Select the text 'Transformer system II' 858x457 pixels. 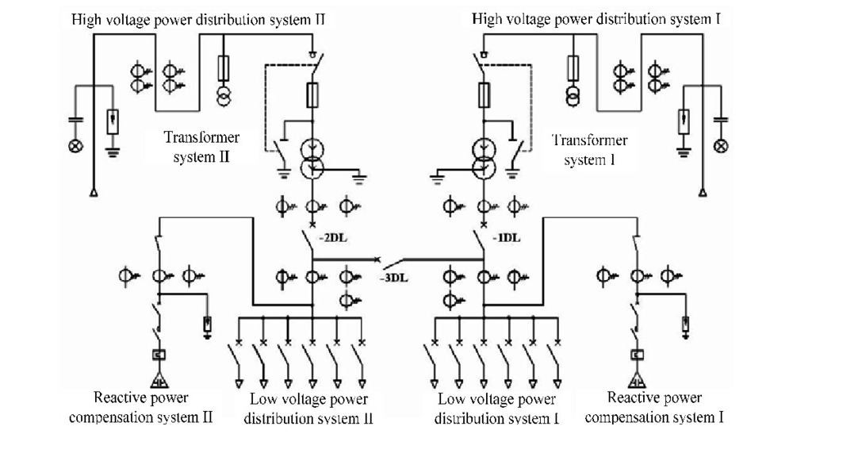pos(201,146)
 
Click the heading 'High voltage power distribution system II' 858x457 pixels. pos(198,18)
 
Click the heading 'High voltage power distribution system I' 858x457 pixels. pos(596,18)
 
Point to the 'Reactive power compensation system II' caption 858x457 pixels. pos(141,407)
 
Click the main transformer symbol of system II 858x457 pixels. pos(312,156)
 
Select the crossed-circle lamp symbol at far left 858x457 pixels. pos(76,147)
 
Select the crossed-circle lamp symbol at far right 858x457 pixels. pos(721,146)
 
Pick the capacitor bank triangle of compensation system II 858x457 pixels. pos(159,378)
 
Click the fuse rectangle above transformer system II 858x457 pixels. pos(312,96)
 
